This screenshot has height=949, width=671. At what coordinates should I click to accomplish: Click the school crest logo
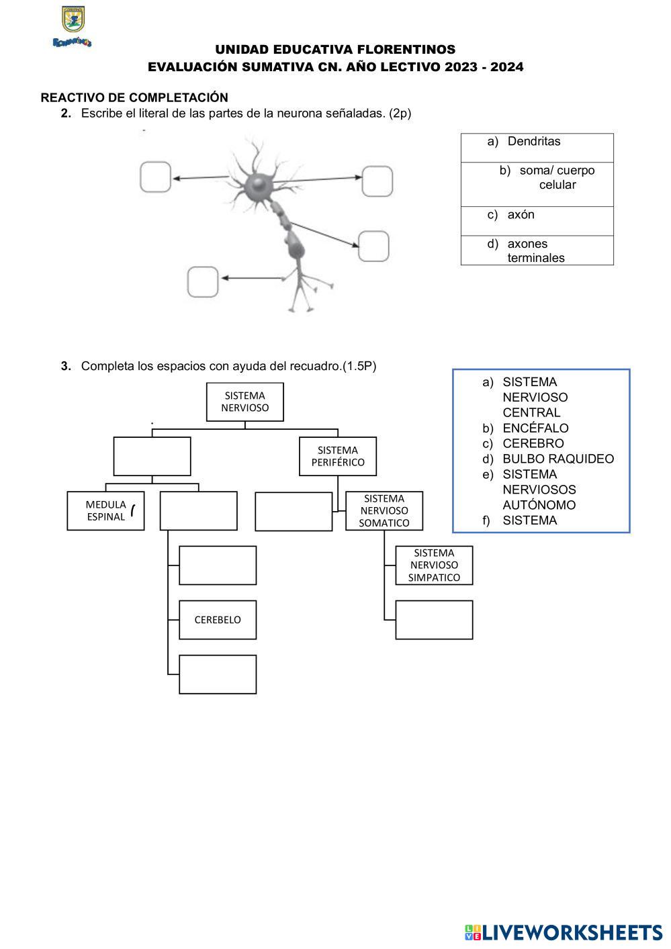point(73,21)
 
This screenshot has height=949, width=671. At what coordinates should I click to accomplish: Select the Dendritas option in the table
point(533,142)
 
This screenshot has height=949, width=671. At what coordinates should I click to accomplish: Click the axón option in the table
point(521,215)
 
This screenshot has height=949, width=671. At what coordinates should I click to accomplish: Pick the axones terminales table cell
point(536,251)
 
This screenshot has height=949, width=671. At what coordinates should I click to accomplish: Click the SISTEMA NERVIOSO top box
point(244,402)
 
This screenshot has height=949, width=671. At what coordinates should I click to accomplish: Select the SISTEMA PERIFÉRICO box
point(337,456)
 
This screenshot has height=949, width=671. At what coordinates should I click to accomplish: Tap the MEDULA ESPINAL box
point(105,511)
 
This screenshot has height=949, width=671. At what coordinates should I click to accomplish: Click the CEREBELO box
point(217,619)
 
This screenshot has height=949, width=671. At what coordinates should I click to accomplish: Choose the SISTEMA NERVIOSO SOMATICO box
point(384,511)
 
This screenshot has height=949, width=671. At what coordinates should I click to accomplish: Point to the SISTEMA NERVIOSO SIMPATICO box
point(434,565)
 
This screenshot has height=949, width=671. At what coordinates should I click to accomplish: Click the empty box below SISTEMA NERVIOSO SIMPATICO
point(434,619)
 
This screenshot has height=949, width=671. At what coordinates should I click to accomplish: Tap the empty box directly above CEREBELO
point(217,565)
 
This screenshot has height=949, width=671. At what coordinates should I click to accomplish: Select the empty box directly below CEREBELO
point(217,674)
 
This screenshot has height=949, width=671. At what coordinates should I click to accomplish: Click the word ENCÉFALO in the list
point(535,428)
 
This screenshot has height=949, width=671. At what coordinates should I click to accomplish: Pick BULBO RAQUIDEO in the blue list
point(557,459)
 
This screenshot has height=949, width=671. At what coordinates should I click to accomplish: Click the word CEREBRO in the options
point(533,444)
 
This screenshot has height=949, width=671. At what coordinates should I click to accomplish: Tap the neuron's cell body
point(257,185)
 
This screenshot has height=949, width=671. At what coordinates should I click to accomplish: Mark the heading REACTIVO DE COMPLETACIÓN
point(134,98)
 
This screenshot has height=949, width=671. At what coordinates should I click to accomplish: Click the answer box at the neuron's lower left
point(202,282)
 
